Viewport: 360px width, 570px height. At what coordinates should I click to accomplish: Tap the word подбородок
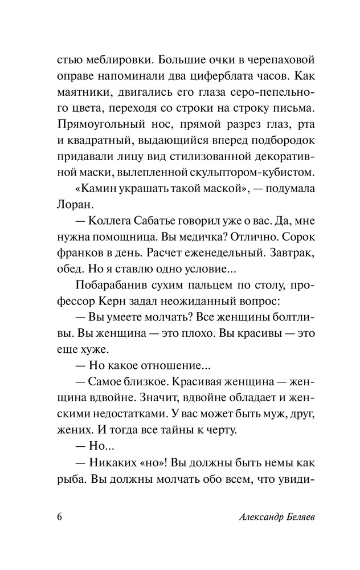pyautogui.click(x=276, y=140)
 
